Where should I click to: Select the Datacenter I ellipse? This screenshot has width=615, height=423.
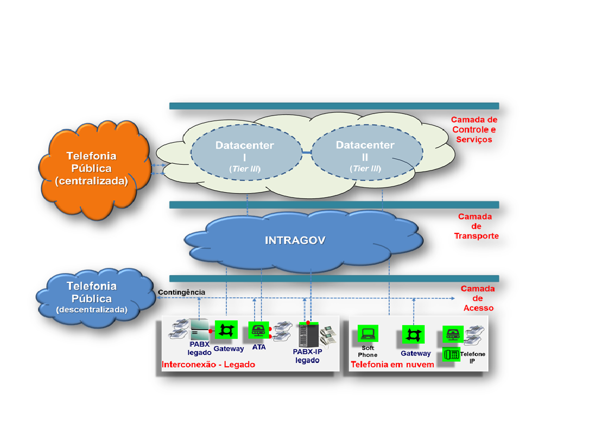coord(246,153)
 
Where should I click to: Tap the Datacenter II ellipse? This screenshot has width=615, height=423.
coord(367,153)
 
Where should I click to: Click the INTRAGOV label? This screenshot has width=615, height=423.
coord(295,240)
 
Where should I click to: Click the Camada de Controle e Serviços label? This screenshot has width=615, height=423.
coord(474,129)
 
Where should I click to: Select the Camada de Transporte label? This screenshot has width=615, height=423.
coord(476,226)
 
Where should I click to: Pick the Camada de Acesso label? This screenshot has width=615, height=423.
coord(478,298)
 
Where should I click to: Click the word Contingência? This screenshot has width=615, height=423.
coord(181,292)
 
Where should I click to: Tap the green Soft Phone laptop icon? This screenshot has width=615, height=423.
coord(368,334)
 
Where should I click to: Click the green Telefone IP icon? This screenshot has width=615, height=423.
coord(452,354)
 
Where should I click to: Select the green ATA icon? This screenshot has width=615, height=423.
coord(258,330)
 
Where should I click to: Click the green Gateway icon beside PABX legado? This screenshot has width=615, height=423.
coord(226,330)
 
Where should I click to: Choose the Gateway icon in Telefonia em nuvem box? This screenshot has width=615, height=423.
coord(413,335)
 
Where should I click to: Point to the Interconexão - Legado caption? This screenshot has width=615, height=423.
coord(208,365)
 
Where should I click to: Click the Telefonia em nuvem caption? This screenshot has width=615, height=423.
coord(392,365)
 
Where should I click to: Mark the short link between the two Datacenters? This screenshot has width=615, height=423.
coord(307,152)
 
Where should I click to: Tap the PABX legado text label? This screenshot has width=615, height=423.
coord(200,348)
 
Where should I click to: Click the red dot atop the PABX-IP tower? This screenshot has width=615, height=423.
coord(308,323)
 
